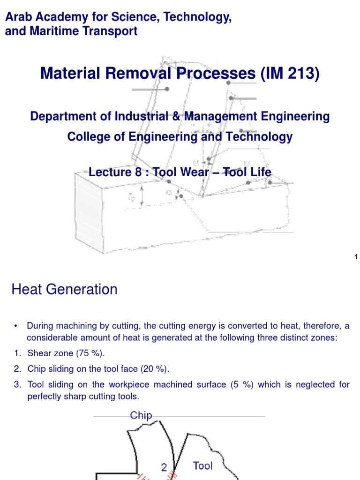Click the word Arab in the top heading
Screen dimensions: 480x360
18,17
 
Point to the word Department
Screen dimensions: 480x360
60,116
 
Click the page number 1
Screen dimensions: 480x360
356,256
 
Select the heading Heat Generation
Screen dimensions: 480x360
64,289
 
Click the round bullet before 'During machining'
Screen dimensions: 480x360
15,326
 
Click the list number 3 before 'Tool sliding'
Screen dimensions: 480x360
17,384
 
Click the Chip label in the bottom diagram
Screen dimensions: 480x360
141,415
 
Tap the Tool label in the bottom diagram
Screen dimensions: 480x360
202,465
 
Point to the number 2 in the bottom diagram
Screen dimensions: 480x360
164,467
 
